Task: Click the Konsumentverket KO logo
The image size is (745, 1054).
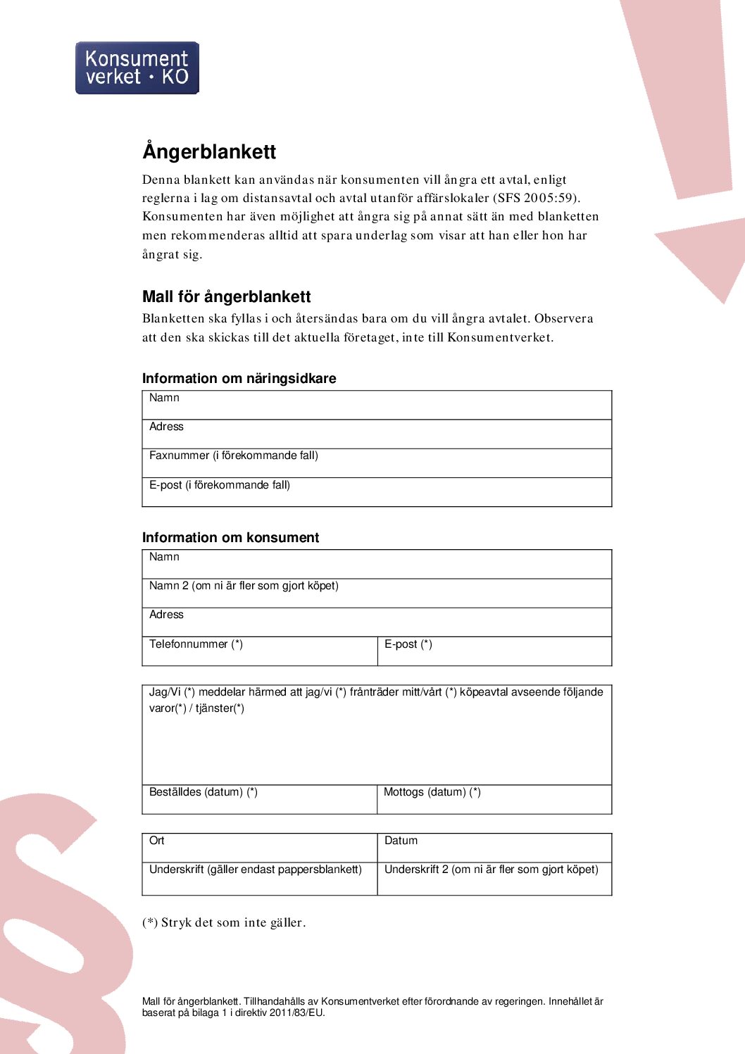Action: (137, 68)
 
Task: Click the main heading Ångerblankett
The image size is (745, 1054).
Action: (209, 151)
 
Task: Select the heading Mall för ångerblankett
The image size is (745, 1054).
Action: (226, 296)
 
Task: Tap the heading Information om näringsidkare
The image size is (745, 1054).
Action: (239, 378)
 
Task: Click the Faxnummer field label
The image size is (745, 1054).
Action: (233, 456)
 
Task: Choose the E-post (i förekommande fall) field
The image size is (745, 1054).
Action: (377, 491)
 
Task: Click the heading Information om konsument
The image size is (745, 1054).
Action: (230, 537)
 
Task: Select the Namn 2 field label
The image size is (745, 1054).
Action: (244, 586)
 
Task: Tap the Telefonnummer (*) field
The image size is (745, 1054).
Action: (260, 651)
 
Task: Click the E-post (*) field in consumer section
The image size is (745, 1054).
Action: (494, 651)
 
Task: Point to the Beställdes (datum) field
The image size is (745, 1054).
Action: (260, 799)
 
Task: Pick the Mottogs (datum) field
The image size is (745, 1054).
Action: (494, 799)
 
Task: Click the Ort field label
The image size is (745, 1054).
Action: (156, 841)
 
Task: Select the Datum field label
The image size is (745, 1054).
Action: (401, 841)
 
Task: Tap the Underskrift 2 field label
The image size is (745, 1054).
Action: (491, 870)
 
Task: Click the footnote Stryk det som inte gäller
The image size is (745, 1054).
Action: (224, 922)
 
